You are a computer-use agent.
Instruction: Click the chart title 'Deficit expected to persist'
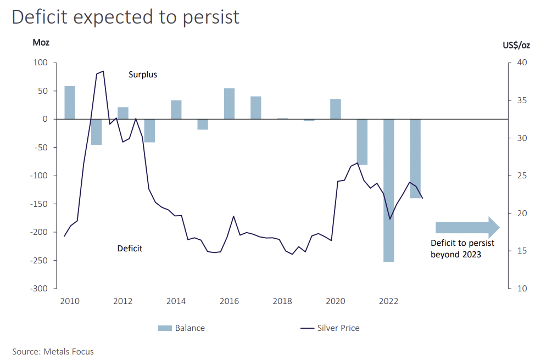[126, 17]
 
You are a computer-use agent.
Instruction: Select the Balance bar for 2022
[389, 190]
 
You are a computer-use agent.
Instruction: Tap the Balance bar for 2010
[70, 103]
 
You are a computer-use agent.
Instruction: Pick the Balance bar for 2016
[229, 104]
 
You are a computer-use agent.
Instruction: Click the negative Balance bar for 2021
[362, 142]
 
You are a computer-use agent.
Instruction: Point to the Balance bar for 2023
[415, 158]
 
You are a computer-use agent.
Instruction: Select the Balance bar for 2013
[149, 131]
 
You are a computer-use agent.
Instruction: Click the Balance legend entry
[182, 328]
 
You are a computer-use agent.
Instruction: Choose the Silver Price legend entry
[330, 328]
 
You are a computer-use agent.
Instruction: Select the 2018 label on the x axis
[282, 301]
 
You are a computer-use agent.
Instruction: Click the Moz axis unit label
[41, 43]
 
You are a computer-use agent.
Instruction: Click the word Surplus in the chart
[143, 75]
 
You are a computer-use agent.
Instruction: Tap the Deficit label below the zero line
[130, 249]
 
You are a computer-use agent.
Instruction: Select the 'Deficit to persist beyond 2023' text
[462, 249]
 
